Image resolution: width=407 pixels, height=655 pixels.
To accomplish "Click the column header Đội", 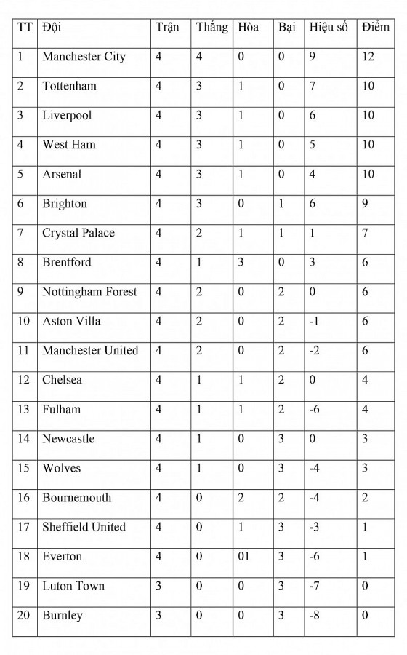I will [x=52, y=28].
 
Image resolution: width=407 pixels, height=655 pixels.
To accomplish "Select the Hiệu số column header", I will [x=329, y=28].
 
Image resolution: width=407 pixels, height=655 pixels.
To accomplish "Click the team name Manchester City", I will [x=84, y=57].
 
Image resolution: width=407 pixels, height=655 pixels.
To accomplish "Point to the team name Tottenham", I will [x=69, y=86].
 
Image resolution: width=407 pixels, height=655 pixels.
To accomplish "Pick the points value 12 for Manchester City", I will [x=368, y=57].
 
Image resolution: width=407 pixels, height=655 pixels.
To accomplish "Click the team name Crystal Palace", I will [x=78, y=233].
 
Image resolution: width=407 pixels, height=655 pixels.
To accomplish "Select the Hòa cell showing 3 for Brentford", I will [x=241, y=262].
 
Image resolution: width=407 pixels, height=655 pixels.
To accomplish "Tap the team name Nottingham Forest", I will [x=89, y=292].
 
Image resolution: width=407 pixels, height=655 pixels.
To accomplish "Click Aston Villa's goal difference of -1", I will [x=314, y=321].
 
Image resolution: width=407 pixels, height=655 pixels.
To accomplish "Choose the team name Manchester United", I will [x=90, y=351].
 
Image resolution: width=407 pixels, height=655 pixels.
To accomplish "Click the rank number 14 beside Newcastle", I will [x=23, y=439].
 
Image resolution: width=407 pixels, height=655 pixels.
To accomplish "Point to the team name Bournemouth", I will [x=77, y=498].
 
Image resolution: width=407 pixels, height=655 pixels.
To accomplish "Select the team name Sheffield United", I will [x=84, y=527].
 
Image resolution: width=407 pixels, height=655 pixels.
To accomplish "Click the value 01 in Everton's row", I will [x=243, y=557].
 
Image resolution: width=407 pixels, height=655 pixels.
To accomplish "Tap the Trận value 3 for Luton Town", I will [x=159, y=586].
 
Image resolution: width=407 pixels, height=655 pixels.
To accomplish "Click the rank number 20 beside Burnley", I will [x=23, y=616].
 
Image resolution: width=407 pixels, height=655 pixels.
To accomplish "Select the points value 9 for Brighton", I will [x=365, y=204].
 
